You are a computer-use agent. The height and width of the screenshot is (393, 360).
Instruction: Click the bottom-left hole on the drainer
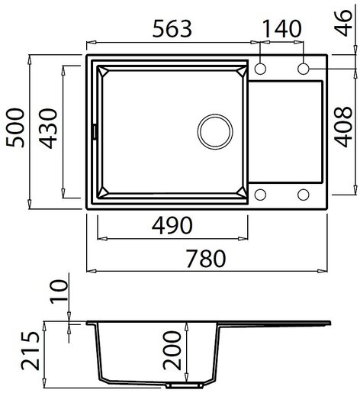pos(261,194)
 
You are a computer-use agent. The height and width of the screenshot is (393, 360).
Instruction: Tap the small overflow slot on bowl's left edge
pos(95,130)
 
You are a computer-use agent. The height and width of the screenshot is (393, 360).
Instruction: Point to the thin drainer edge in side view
pos(290,324)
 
